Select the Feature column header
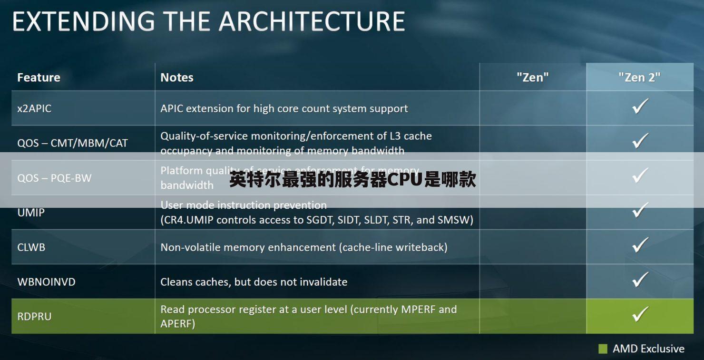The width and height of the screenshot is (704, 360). point(39,78)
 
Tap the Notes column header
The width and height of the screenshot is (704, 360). point(177,78)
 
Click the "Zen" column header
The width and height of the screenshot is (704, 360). point(532,78)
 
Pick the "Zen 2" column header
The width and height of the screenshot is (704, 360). point(639,78)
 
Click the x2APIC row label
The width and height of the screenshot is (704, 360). point(34,108)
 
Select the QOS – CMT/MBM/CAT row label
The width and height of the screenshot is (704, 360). point(72,143)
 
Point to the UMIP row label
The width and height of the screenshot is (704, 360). point(31,213)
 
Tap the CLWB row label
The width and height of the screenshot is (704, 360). point(31,247)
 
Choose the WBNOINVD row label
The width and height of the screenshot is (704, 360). point(46,282)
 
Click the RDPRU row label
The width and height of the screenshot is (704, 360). point(34,316)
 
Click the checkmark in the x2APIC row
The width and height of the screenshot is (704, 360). point(640,107)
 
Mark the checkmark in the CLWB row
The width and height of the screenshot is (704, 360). point(640,245)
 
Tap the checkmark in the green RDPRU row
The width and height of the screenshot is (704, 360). point(640,314)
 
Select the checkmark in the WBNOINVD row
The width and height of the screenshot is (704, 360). point(640,280)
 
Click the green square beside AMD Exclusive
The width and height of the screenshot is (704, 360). point(603,349)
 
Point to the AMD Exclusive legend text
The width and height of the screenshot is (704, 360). point(648,349)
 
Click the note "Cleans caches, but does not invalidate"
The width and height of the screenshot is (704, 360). point(254,282)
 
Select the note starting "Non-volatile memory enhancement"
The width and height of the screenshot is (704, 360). point(303,247)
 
